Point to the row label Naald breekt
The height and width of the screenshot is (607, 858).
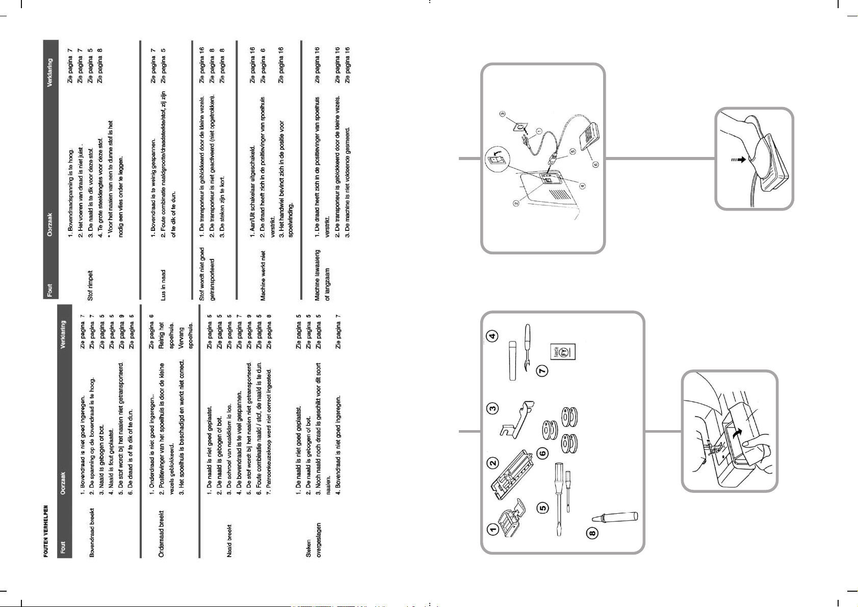[x=229, y=540]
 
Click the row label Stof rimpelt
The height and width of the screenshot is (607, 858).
[x=90, y=285]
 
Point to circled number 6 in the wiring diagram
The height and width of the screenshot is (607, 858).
[x=595, y=164]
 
